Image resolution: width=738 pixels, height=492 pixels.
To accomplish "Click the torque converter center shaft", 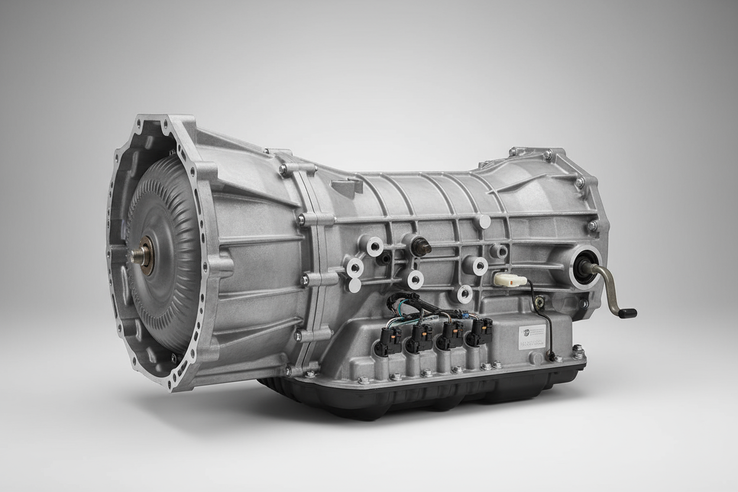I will pyautogui.click(x=139, y=255).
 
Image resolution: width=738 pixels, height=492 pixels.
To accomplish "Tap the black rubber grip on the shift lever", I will pyautogui.click(x=627, y=313).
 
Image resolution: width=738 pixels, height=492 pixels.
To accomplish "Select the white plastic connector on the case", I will pyautogui.click(x=510, y=279).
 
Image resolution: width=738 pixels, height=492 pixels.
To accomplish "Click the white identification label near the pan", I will pyautogui.click(x=532, y=336).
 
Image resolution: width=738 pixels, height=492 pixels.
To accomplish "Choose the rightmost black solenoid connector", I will pyautogui.click(x=480, y=331).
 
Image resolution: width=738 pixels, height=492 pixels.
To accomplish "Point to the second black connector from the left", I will pyautogui.click(x=421, y=338).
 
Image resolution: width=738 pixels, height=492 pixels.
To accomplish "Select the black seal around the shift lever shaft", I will pyautogui.click(x=586, y=267).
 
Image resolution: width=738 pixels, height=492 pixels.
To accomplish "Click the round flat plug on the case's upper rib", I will pyautogui.click(x=484, y=222).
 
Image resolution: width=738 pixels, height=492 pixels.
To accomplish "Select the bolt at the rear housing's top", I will pyautogui.click(x=548, y=154).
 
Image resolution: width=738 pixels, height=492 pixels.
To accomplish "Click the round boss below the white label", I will pyautogui.click(x=536, y=358).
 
